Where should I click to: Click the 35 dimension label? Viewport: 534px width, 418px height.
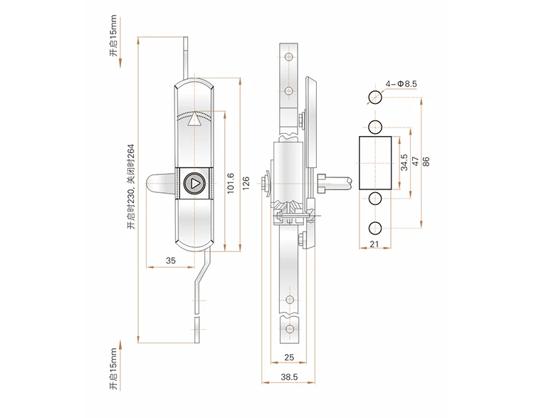(x=171, y=261)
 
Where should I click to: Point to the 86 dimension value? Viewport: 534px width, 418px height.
(x=426, y=161)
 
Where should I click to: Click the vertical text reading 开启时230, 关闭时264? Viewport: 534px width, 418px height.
(x=130, y=187)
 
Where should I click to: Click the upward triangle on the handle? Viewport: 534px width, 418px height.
(x=192, y=120)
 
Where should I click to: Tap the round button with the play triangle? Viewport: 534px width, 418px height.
(x=193, y=184)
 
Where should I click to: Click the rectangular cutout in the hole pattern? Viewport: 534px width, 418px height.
(x=375, y=161)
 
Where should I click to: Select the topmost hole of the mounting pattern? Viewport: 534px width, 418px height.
(x=375, y=98)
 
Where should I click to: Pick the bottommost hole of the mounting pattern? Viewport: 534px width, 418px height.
(x=375, y=228)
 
